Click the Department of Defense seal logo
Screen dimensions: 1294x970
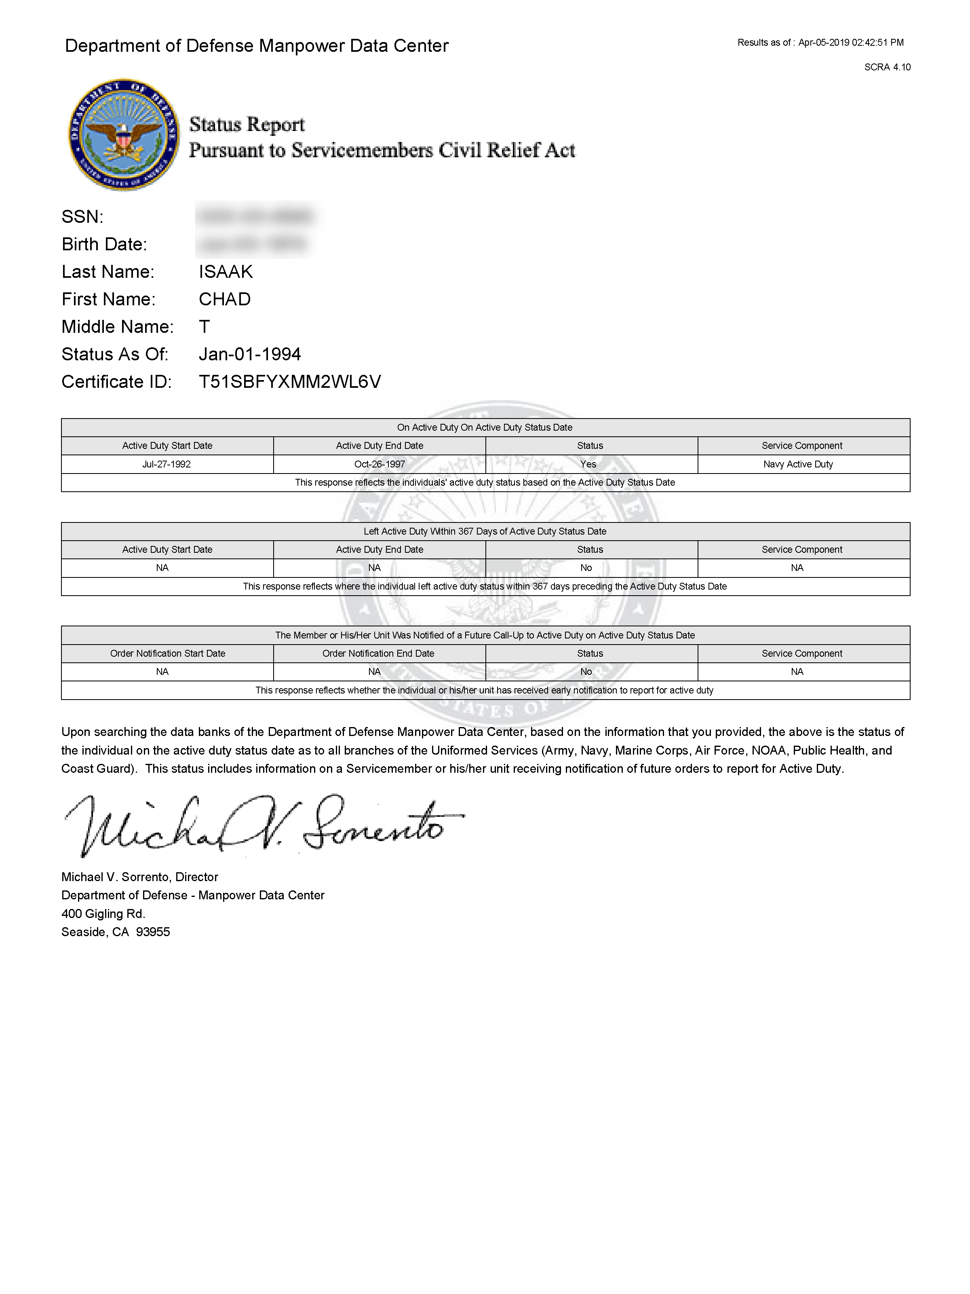(124, 135)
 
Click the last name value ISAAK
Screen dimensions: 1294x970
(226, 271)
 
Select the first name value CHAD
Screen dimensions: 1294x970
(225, 299)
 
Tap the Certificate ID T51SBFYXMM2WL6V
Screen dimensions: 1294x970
(289, 381)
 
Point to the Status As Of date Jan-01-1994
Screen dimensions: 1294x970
(250, 354)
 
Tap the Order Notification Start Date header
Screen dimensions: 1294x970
(167, 653)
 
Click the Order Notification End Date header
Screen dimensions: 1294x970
(378, 653)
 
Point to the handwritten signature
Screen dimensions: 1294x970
(263, 825)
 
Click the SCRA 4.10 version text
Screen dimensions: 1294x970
(887, 67)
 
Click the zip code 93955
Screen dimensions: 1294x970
(153, 932)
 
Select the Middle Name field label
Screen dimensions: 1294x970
(118, 326)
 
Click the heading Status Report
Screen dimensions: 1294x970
(247, 125)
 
